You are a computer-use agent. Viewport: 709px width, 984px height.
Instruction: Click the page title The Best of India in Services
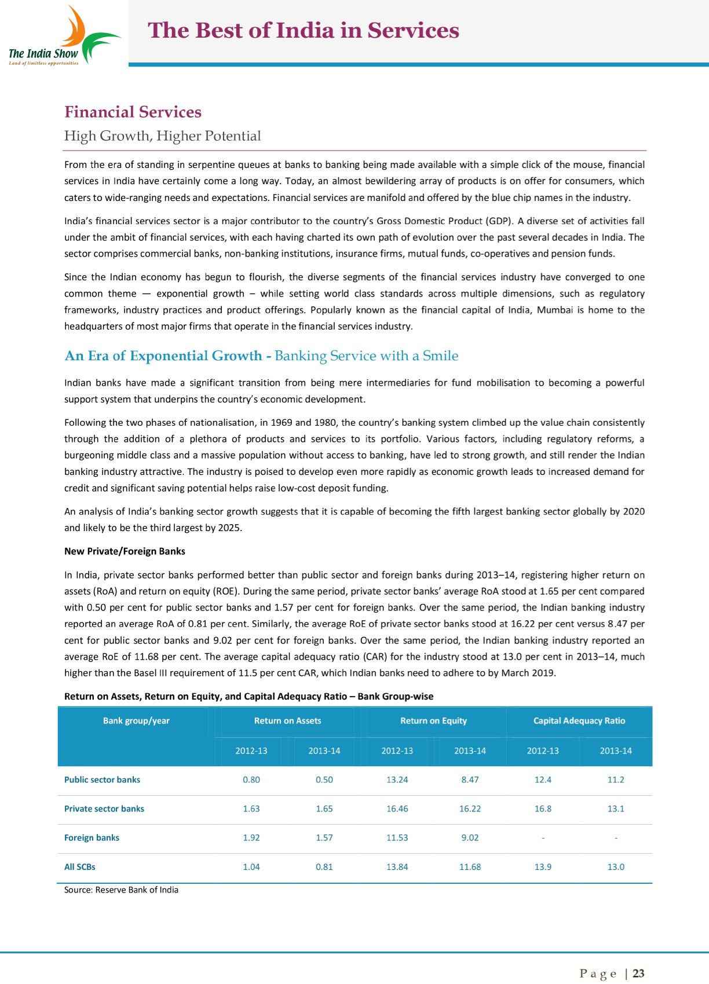(304, 31)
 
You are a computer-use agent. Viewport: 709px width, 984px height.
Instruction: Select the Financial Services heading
(133, 112)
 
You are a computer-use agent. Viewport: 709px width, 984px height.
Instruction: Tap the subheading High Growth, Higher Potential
(162, 136)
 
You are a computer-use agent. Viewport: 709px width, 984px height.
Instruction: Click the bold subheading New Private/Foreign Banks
(125, 551)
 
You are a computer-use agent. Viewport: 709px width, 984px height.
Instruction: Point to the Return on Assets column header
(287, 721)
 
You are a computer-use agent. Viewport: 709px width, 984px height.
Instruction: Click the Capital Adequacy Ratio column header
(579, 721)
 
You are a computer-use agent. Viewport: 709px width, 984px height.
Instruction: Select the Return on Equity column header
(433, 721)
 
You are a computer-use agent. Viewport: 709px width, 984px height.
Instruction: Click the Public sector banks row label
(102, 780)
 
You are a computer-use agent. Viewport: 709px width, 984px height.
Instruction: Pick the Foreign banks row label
(92, 838)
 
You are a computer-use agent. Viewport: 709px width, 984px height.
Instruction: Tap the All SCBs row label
(79, 867)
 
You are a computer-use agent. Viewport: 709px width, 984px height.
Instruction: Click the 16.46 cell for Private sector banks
(397, 809)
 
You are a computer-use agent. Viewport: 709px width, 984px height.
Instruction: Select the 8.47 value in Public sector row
(470, 780)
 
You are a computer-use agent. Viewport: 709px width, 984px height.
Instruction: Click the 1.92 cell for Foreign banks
(251, 838)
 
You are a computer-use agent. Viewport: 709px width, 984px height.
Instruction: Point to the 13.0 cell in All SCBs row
(616, 867)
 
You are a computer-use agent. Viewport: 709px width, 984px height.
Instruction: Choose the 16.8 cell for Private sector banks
(543, 809)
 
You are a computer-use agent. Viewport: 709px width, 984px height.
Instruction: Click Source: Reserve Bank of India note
(121, 890)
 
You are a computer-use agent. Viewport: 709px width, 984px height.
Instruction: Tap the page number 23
(638, 974)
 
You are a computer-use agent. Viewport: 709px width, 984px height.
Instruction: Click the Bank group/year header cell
(136, 721)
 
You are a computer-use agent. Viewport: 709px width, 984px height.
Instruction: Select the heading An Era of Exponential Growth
(163, 356)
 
